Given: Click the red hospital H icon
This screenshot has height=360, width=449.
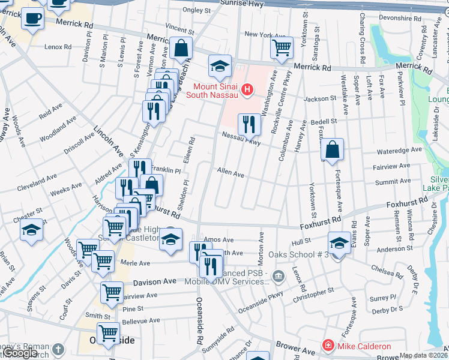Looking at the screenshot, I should pyautogui.click(x=246, y=90).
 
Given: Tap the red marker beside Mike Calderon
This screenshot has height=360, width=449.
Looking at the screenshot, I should pyautogui.click(x=328, y=346).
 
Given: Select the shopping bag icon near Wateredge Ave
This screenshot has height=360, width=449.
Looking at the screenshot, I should pyautogui.click(x=332, y=150).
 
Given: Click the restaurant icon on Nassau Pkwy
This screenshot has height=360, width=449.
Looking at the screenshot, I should pyautogui.click(x=249, y=124).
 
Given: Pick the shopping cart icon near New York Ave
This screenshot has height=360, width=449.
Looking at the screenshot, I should pyautogui.click(x=282, y=47).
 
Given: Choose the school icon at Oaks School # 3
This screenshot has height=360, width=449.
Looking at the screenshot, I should pyautogui.click(x=339, y=243).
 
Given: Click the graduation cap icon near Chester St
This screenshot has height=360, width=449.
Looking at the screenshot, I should pyautogui.click(x=31, y=230).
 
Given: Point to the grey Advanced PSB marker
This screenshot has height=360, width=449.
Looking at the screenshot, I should pyautogui.click(x=277, y=275).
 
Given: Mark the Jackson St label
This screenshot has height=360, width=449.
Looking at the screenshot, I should pyautogui.click(x=320, y=98).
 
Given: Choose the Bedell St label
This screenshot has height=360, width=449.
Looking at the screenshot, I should pyautogui.click(x=324, y=121).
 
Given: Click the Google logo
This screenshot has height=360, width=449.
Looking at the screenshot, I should pyautogui.click(x=20, y=353).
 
